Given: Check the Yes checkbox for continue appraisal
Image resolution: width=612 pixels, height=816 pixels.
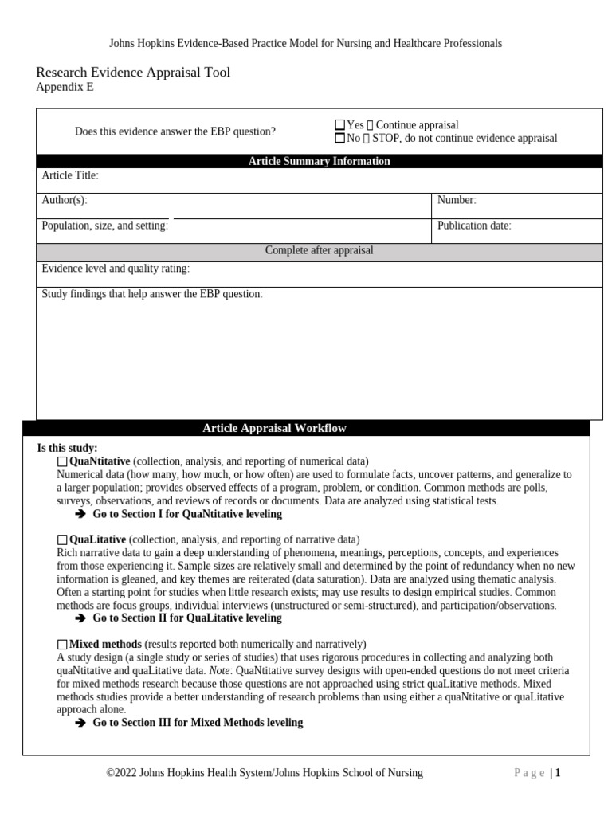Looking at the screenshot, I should click(340, 125).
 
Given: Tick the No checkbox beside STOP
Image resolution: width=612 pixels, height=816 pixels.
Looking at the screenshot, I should click(340, 138).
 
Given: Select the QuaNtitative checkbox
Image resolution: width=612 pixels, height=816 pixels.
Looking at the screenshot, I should click(63, 461).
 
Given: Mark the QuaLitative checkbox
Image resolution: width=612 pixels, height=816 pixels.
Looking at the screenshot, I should click(63, 540).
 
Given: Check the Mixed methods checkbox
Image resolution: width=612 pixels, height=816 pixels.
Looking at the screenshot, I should click(63, 644).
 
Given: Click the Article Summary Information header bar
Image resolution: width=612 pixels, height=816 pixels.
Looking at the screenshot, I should click(319, 161).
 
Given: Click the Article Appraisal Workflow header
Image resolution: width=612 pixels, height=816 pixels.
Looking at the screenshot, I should click(274, 428).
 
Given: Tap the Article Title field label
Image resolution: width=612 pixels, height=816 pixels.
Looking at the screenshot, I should click(70, 175).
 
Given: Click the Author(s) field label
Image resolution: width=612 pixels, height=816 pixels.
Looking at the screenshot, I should click(65, 200).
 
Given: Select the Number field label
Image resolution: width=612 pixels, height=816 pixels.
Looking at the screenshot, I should click(457, 200).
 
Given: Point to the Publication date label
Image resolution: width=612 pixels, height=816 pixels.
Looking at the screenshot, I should click(474, 226).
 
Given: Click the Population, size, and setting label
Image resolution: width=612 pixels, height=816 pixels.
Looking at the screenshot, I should click(104, 226).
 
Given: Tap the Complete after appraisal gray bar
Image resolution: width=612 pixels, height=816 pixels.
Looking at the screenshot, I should click(319, 250).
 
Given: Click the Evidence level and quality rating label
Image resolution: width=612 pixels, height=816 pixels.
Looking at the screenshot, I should click(116, 269).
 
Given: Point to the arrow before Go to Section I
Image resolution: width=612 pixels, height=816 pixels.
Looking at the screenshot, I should click(80, 514).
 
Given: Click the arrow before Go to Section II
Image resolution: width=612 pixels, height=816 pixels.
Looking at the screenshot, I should click(80, 618).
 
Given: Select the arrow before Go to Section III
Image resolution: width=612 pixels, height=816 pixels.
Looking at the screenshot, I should click(80, 723).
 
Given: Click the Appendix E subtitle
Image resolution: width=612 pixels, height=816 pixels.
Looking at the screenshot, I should click(65, 88).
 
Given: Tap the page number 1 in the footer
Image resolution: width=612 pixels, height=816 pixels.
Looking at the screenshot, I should click(559, 772).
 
